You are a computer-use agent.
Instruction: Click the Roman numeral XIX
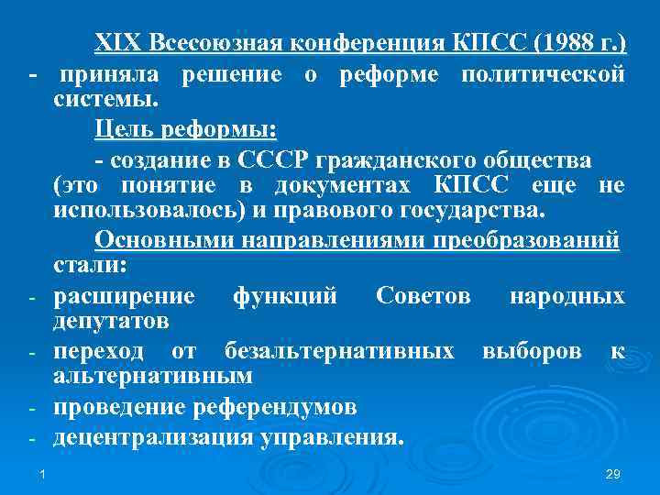tap(116, 43)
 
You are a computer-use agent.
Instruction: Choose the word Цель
tap(120, 128)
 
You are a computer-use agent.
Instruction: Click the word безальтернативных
tap(338, 353)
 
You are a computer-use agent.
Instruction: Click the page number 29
tap(614, 474)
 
